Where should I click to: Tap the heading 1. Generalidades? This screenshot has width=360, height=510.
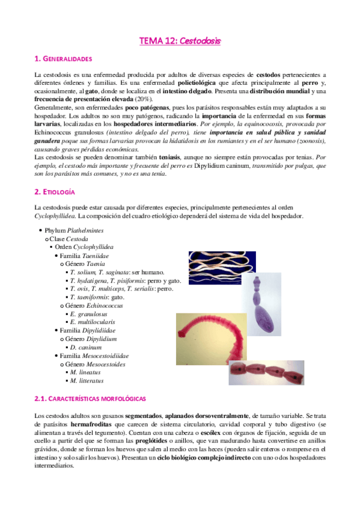pos(63,59)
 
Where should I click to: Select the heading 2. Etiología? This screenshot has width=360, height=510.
pos(55,192)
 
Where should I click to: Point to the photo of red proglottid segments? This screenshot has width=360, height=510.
pos(275,372)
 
